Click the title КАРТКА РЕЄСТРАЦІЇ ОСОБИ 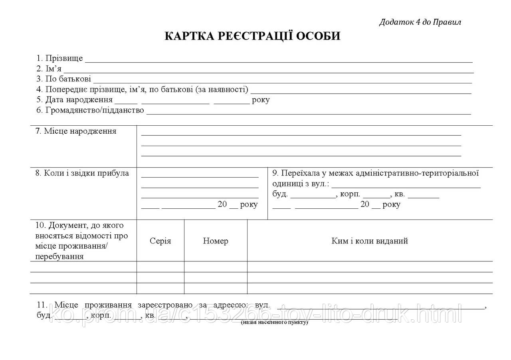pyautogui.click(x=252, y=36)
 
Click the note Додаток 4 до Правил pyautogui.click(x=420, y=22)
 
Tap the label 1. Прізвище pyautogui.click(x=59, y=58)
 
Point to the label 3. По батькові pyautogui.click(x=63, y=79)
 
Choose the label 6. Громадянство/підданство pyautogui.click(x=90, y=110)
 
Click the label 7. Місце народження pyautogui.click(x=75, y=131)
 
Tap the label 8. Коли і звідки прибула pyautogui.click(x=82, y=173)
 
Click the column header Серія pyautogui.click(x=160, y=241)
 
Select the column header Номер pyautogui.click(x=216, y=241)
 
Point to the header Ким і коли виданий pyautogui.click(x=370, y=241)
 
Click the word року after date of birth pyautogui.click(x=261, y=100)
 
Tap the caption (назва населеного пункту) pyautogui.click(x=275, y=322)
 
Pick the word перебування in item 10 pyautogui.click(x=59, y=257)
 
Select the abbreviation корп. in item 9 pyautogui.click(x=351, y=194)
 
